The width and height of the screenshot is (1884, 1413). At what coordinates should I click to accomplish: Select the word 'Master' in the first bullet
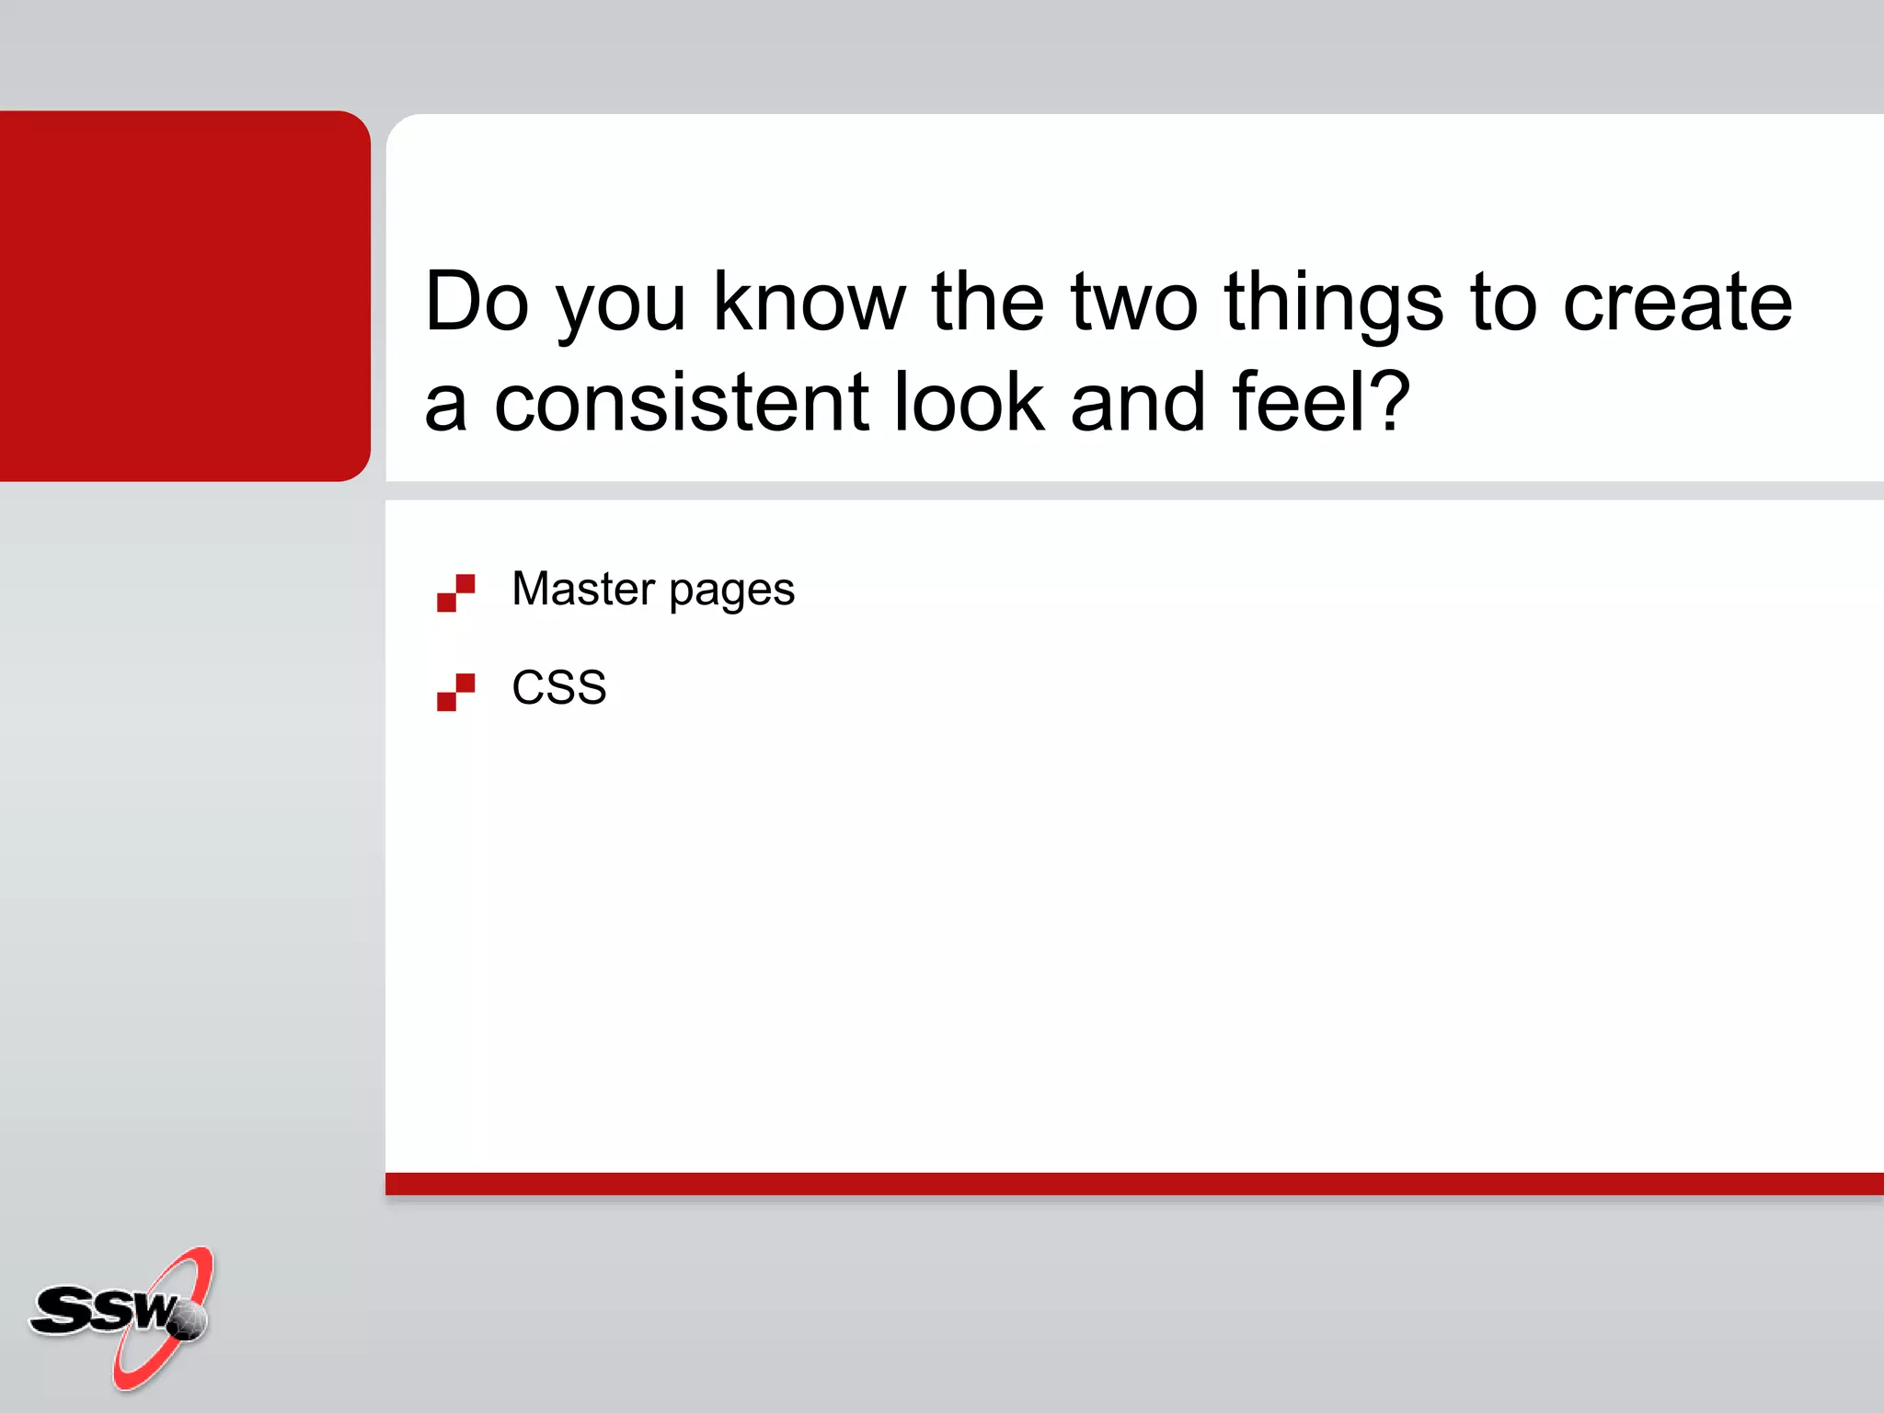[x=583, y=589]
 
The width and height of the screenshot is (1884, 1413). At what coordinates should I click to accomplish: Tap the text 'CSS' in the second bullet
[x=558, y=687]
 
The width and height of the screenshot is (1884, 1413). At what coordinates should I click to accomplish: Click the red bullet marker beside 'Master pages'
[x=455, y=592]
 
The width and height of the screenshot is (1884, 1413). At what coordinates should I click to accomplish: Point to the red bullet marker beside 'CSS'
[x=455, y=692]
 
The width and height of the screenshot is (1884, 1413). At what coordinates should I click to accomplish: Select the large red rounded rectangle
[x=184, y=295]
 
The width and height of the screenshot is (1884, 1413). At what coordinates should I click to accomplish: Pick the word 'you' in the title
[x=622, y=308]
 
